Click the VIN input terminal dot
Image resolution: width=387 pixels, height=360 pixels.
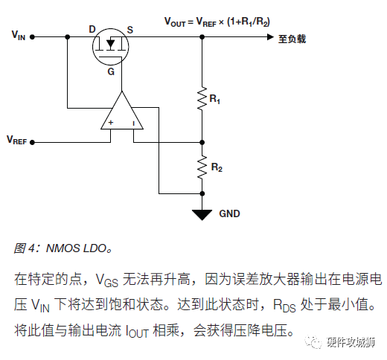tap(32, 37)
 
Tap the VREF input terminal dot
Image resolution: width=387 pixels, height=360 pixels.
tap(32, 142)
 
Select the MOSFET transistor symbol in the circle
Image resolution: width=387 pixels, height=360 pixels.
tap(111, 47)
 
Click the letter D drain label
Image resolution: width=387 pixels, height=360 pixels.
tap(92, 30)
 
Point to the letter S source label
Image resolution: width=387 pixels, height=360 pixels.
tap(130, 30)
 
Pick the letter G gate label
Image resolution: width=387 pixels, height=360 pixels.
tap(111, 71)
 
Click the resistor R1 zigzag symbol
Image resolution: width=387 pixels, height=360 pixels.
tap(202, 98)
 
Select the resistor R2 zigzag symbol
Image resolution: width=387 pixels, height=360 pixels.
tap(202, 167)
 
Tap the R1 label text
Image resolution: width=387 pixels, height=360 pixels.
tap(215, 99)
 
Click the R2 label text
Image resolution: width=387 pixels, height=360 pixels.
tap(217, 167)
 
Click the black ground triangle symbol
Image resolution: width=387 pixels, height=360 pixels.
tap(202, 215)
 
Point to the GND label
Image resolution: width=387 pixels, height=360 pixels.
tap(229, 213)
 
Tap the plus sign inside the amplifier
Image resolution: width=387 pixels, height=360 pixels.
tap(111, 122)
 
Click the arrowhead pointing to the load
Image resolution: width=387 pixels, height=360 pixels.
tap(270, 37)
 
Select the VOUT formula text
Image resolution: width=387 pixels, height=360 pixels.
tap(217, 22)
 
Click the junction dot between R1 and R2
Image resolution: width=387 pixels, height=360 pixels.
tap(202, 142)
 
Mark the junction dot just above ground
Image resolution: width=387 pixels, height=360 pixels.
tap(202, 193)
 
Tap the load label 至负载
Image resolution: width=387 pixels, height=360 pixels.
tap(292, 39)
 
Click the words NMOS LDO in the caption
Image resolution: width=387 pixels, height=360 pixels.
tap(77, 248)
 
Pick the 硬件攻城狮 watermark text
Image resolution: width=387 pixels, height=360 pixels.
tap(351, 342)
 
